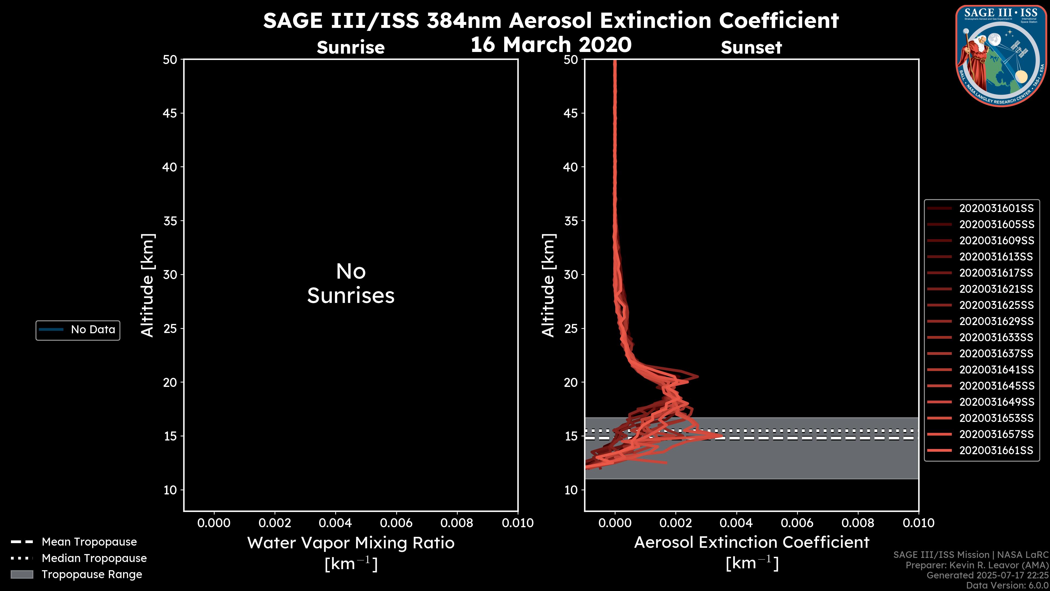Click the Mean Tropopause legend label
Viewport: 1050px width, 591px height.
(89, 542)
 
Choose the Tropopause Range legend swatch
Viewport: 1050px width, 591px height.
(22, 574)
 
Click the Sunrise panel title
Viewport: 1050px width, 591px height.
(351, 47)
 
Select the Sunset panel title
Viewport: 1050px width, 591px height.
(751, 47)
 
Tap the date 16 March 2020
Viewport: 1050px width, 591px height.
(551, 44)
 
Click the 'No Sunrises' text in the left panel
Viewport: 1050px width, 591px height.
(351, 283)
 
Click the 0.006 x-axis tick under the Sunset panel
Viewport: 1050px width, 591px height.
(797, 523)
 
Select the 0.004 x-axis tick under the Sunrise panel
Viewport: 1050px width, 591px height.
(335, 523)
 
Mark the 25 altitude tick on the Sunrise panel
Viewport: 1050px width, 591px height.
(170, 328)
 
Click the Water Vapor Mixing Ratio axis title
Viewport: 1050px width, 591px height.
(351, 543)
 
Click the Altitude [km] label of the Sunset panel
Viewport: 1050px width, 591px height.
(548, 285)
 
